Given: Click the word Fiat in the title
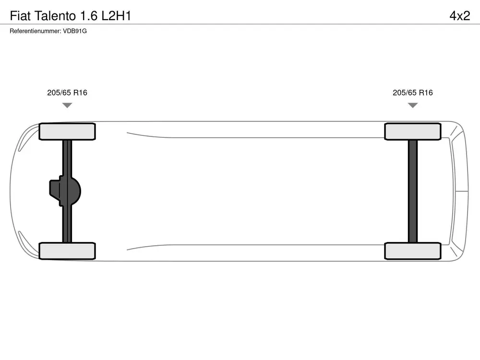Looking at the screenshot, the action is pos(20,16).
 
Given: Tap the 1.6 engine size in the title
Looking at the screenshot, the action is pos(89,16).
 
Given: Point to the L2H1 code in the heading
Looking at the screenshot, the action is pos(116,16).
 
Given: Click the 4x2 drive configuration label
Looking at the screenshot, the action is pos(460,16).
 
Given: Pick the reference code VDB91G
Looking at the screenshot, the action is pos(75,31).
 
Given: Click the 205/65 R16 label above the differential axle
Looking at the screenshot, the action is pos(67,93).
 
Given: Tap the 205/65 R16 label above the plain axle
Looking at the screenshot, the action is pos(413,93).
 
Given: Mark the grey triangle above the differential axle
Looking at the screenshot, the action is pos(67,105).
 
